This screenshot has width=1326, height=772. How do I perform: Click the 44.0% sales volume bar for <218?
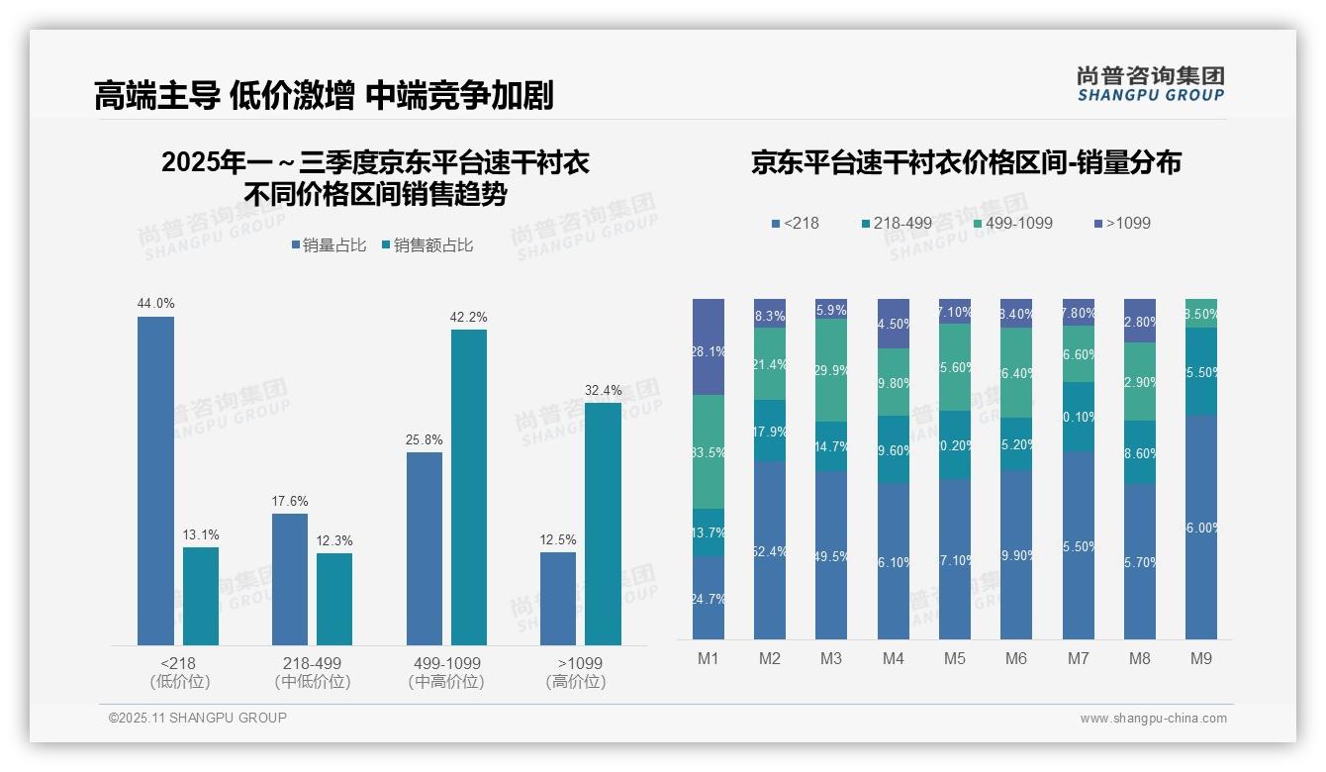(x=155, y=481)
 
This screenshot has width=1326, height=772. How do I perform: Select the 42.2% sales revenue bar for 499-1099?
(x=469, y=487)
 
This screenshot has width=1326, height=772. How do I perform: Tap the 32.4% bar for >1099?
(x=603, y=524)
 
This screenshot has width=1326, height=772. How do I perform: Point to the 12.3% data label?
(x=335, y=541)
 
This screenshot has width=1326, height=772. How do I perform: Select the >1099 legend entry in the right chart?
(x=1122, y=224)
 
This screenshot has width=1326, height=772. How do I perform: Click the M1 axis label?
(x=709, y=659)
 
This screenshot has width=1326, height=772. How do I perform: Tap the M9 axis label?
(x=1201, y=659)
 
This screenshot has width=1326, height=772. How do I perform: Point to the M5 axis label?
(x=955, y=659)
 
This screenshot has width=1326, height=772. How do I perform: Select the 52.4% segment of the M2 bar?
(x=770, y=550)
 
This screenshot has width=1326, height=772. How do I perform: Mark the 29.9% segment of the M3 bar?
(x=831, y=370)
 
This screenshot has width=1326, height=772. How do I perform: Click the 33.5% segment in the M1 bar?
(x=709, y=451)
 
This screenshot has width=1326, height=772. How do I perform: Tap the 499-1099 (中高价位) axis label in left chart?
(x=445, y=672)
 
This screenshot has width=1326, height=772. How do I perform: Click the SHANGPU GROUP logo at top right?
(x=1150, y=84)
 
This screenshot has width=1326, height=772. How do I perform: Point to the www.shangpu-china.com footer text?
(x=1153, y=719)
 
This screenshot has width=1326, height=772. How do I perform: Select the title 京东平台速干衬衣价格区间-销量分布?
(x=966, y=163)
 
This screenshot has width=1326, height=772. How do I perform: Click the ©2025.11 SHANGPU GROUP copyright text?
(x=198, y=719)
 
